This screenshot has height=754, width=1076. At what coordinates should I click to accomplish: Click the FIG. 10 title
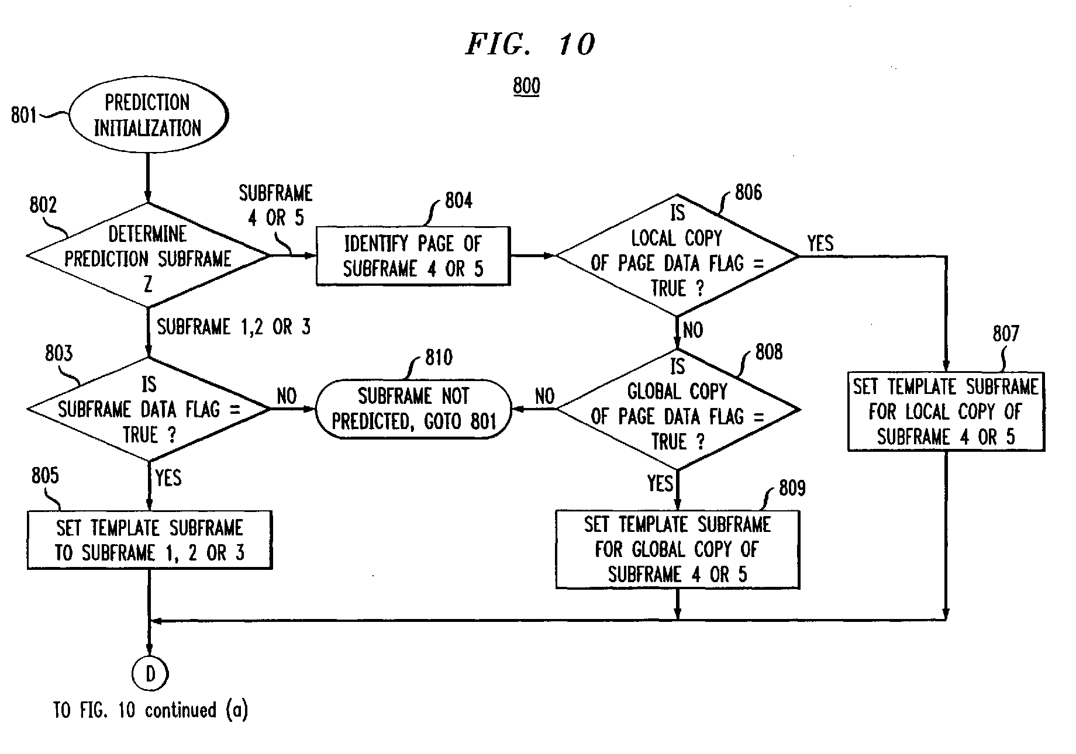click(x=530, y=44)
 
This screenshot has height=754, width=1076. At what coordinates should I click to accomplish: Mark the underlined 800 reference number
click(x=526, y=87)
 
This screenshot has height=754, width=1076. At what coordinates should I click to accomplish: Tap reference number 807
click(x=1006, y=334)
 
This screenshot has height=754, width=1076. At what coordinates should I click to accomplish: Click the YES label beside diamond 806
click(x=820, y=243)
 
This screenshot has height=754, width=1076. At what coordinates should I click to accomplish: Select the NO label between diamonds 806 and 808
click(x=693, y=330)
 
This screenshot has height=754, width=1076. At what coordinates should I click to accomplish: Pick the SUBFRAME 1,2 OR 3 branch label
click(x=234, y=327)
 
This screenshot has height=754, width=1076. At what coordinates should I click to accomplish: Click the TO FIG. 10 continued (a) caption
click(x=151, y=710)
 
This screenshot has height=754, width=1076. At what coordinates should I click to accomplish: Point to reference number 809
click(x=792, y=488)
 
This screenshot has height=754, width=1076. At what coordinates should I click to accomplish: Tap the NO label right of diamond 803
click(x=287, y=396)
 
